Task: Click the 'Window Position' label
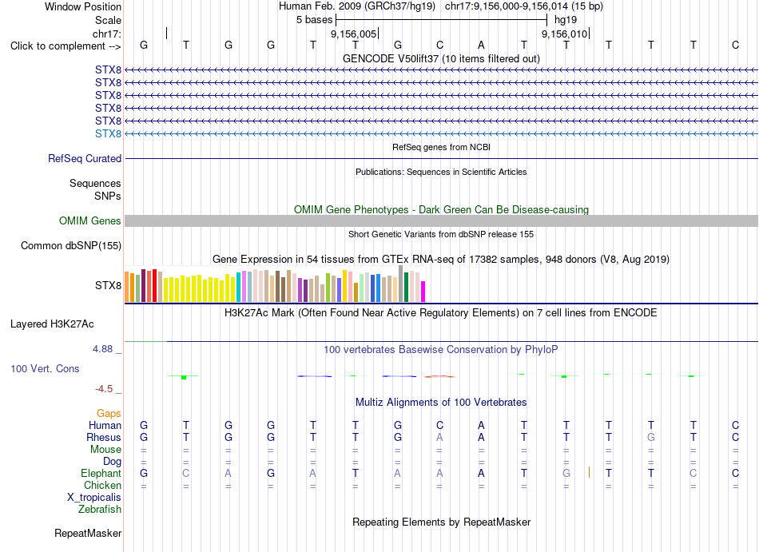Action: pyautogui.click(x=83, y=6)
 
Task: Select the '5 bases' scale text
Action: pyautogui.click(x=314, y=20)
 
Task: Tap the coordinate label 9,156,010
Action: pyautogui.click(x=564, y=34)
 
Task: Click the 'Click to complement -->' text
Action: pyautogui.click(x=66, y=46)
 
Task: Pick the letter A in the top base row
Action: pyautogui.click(x=481, y=45)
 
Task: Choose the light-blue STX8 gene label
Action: pyautogui.click(x=108, y=133)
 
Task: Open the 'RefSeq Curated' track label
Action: pyautogui.click(x=85, y=159)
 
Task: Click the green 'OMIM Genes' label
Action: pyautogui.click(x=90, y=221)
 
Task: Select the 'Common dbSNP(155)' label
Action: pyautogui.click(x=71, y=246)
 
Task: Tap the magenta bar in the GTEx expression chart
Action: pyautogui.click(x=423, y=292)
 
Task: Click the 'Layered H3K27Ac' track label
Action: pyautogui.click(x=52, y=324)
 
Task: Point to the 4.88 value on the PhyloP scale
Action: pyautogui.click(x=102, y=349)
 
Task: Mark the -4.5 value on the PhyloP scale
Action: pyautogui.click(x=104, y=389)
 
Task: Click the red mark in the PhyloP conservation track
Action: pyautogui.click(x=439, y=376)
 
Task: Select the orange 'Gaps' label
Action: pyautogui.click(x=109, y=413)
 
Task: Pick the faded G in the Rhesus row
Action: pyautogui.click(x=651, y=437)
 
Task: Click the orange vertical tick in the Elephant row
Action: pyautogui.click(x=589, y=472)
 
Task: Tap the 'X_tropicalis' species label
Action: pyautogui.click(x=94, y=498)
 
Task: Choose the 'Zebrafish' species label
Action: pyautogui.click(x=100, y=510)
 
